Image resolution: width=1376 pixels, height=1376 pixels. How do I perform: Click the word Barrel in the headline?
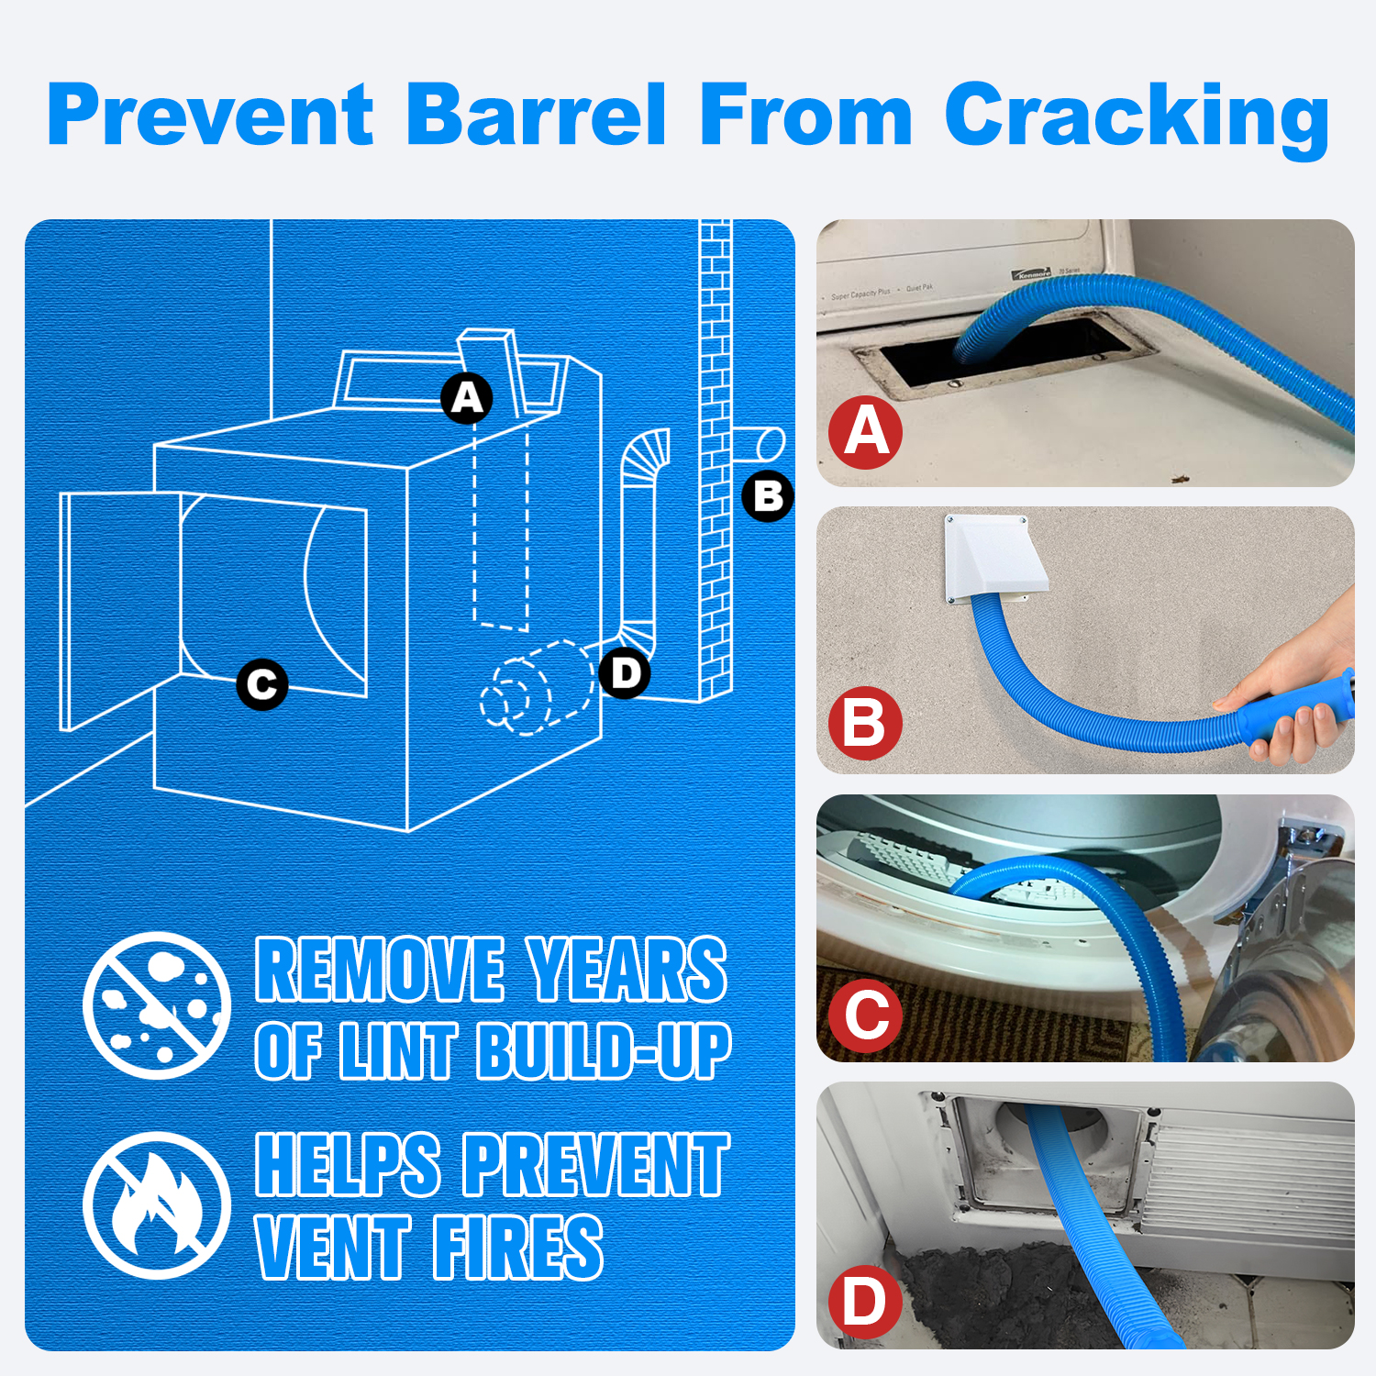pos(536,114)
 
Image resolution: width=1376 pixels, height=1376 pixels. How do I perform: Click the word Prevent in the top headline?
pos(210,114)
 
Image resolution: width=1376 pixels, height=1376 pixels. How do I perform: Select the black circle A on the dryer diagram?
pos(467,398)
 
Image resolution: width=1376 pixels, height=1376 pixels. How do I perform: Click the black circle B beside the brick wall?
pos(768,496)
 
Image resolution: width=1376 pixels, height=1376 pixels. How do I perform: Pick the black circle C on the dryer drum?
pos(262,684)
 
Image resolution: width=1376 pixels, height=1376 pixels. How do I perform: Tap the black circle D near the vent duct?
pos(625,672)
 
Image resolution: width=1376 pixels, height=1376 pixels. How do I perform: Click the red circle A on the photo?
pos(866,432)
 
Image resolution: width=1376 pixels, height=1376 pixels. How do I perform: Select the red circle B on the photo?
pos(866,723)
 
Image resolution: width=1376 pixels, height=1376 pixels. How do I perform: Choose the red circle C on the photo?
pos(866,1015)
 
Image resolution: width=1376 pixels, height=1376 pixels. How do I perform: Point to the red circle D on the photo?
pos(866,1302)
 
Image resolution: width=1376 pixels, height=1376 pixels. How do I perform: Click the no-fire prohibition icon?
pos(157,1204)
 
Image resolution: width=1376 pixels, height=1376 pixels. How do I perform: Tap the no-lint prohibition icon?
pos(157,1004)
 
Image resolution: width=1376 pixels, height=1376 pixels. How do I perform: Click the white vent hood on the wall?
pos(993,559)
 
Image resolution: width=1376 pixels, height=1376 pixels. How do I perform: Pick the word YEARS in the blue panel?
pos(627,969)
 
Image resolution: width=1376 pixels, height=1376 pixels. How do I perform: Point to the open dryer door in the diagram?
pos(120,609)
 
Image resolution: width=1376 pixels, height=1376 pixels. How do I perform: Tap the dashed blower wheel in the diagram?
pos(537,688)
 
